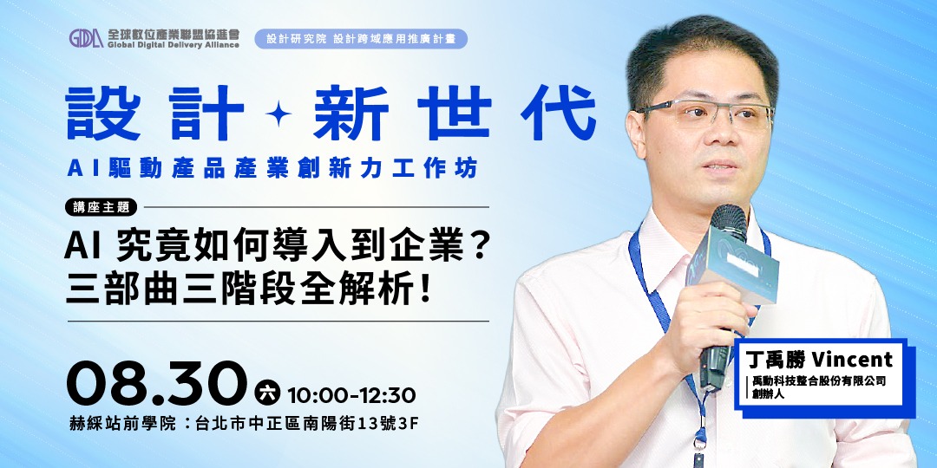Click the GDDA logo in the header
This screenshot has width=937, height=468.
coord(87,39)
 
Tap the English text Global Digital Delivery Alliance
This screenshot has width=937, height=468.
coord(174,45)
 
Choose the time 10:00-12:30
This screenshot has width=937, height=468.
coord(351,395)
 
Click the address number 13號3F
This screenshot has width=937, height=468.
coord(387,424)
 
